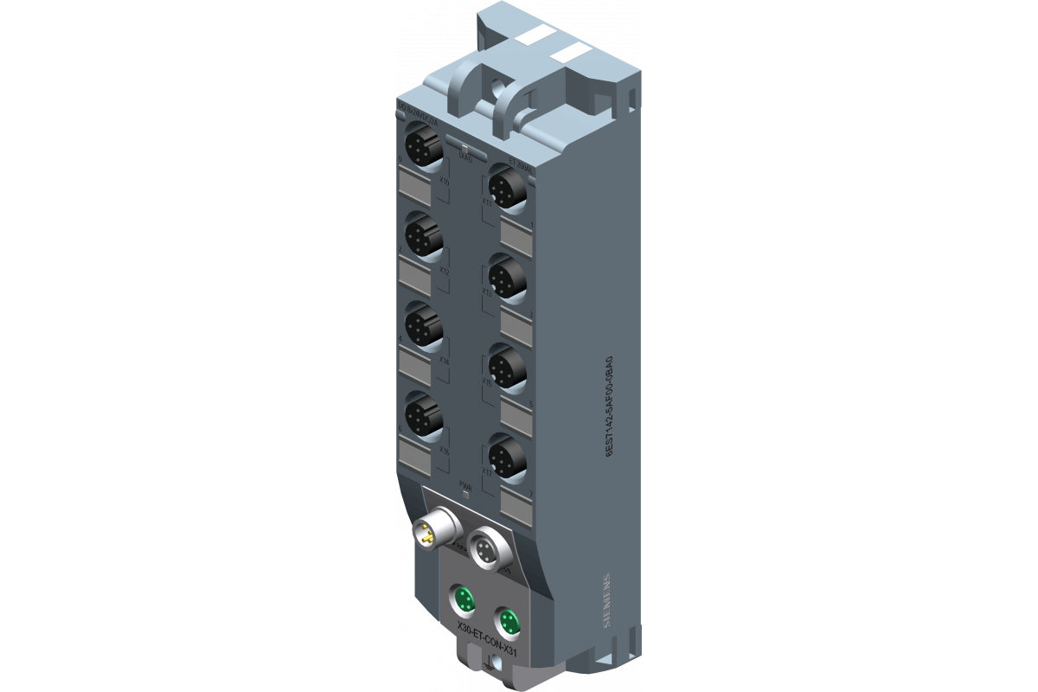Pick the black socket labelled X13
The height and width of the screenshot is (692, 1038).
(507, 276)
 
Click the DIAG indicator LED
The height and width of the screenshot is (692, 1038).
(465, 149)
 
